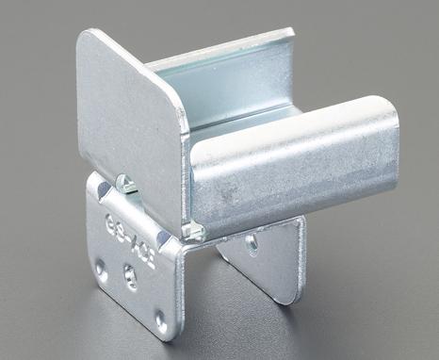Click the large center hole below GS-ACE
(x=130, y=277)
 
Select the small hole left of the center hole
(x=102, y=268)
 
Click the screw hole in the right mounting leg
(x=252, y=242)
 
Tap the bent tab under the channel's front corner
(x=193, y=229)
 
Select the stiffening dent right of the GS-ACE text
(x=171, y=247)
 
